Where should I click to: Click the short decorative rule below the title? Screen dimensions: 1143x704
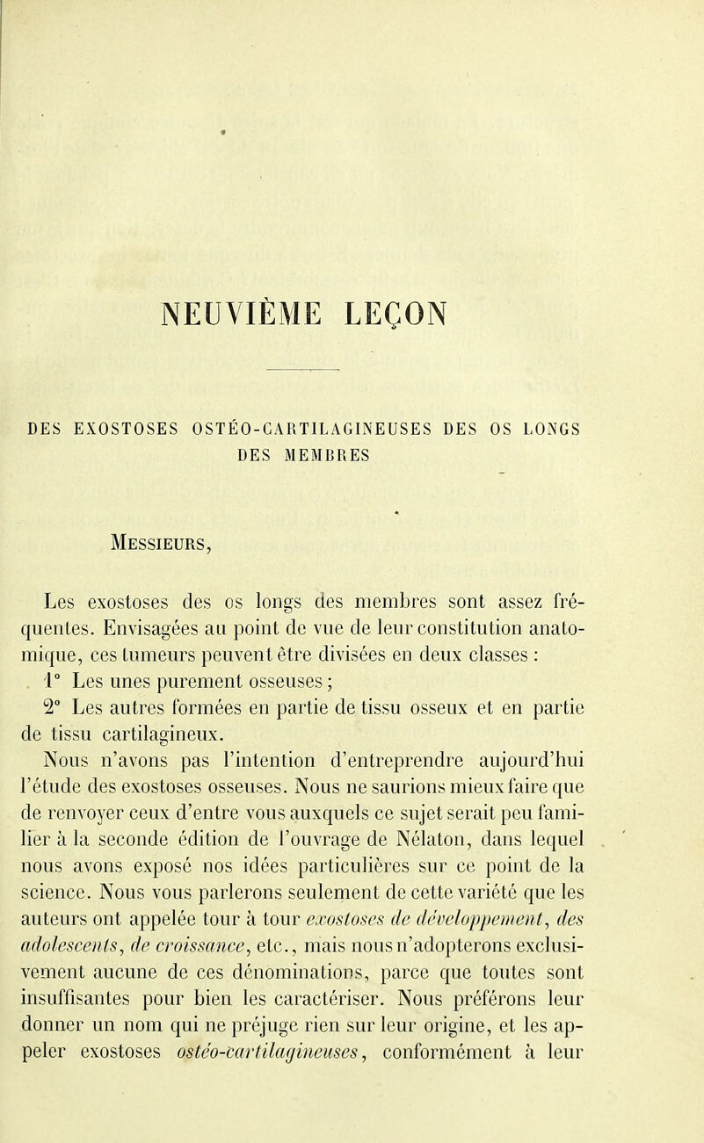pyautogui.click(x=352, y=371)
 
